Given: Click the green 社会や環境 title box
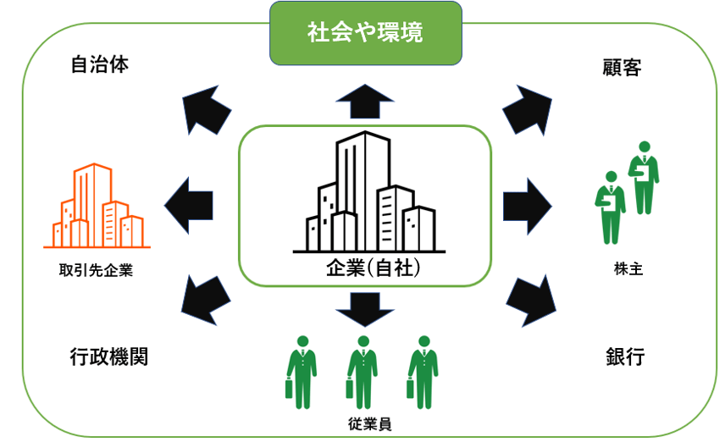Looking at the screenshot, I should coord(366,34).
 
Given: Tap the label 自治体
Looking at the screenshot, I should coord(100,65).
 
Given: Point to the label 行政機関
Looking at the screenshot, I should coord(108,356).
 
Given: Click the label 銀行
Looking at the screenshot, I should coord(625,356).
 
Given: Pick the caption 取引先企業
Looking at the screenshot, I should coord(96,271).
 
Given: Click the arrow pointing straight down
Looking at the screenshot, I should coord(365,308).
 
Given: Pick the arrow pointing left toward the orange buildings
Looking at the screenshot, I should coord(188,202).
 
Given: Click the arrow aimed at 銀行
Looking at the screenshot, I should coord(531,301).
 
